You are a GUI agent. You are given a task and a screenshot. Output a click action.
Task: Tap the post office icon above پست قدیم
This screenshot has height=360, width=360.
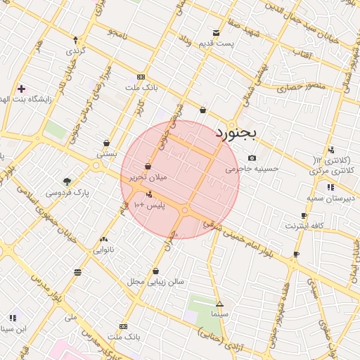click(x=216, y=33)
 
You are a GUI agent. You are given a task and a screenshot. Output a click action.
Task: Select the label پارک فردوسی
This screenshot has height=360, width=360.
click(x=67, y=192)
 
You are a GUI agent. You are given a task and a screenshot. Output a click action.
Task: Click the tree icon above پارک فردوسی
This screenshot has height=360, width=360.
click(x=67, y=181)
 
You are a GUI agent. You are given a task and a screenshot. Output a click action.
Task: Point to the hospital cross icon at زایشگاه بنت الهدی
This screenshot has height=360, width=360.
click(x=22, y=89)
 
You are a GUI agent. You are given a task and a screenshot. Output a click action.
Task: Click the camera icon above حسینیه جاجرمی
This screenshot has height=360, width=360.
click(x=252, y=157)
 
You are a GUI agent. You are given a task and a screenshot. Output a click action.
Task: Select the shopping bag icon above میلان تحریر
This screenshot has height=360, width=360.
click(x=148, y=167)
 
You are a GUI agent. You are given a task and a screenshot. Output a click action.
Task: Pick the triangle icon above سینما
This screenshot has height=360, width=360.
click(x=219, y=304)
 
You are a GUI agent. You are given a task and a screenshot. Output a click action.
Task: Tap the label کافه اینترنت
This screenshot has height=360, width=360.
click(x=304, y=226)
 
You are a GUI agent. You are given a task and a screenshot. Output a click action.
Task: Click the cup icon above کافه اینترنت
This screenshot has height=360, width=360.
click(x=304, y=215)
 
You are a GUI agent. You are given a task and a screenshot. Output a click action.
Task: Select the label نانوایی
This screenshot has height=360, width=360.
click(x=103, y=250)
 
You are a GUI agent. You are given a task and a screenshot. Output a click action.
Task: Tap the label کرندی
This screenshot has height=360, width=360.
click(x=75, y=51)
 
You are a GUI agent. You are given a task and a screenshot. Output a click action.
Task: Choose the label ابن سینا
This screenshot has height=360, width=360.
click(x=15, y=328)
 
